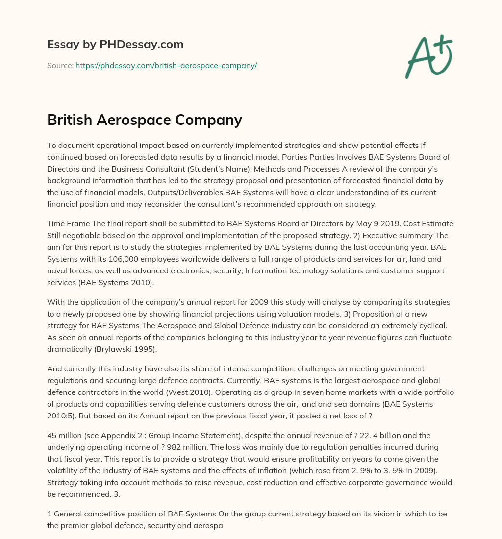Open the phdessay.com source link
tap(166, 65)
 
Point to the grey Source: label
tap(60, 65)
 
